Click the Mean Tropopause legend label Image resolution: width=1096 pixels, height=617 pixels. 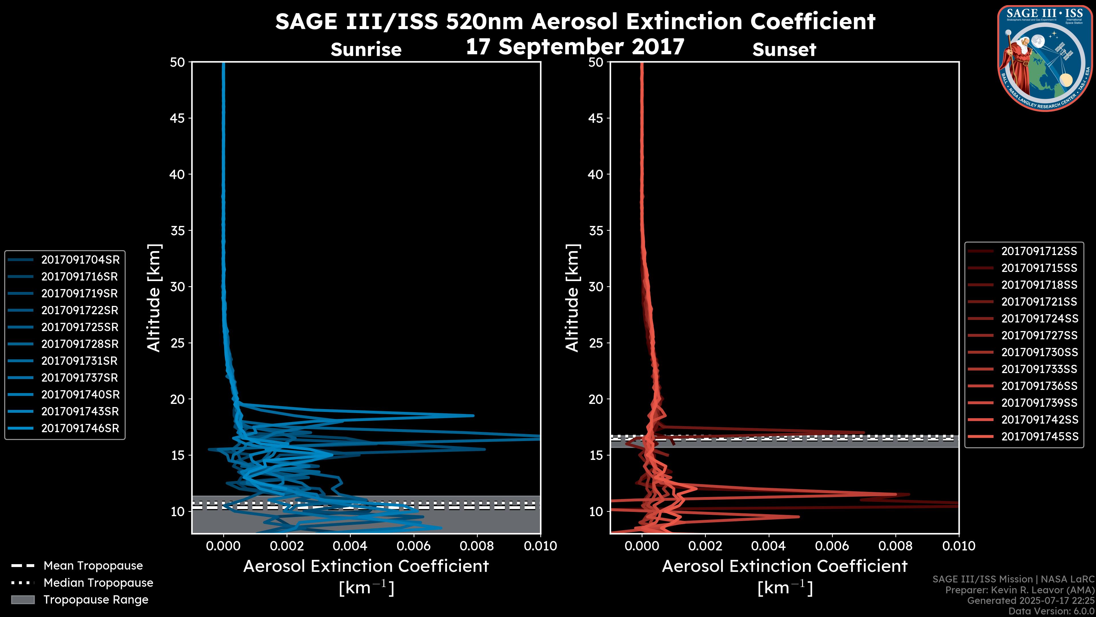pos(93,566)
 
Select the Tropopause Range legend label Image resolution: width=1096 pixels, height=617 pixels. pos(96,600)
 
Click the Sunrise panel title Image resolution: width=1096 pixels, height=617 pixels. pos(366,49)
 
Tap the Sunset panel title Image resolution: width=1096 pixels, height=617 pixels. pos(784,49)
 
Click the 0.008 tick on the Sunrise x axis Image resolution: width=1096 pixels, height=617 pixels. pos(477,546)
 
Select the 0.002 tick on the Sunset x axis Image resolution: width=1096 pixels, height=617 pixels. pos(706,546)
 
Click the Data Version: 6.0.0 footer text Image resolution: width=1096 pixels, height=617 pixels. pos(1052,612)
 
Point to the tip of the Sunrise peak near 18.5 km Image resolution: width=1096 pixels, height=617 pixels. pos(473,416)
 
